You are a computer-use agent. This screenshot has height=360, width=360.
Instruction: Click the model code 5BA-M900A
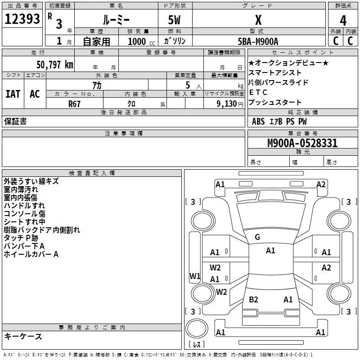click(258, 41)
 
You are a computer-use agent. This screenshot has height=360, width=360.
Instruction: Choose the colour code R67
click(75, 103)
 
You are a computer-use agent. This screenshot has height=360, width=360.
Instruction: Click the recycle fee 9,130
click(224, 103)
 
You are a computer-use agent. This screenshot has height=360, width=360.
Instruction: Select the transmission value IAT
click(13, 94)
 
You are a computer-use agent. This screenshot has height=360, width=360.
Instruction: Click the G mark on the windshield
click(257, 237)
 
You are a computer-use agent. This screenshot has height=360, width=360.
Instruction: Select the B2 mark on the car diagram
click(253, 299)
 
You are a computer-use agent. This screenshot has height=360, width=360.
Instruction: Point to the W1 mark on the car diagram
click(195, 276)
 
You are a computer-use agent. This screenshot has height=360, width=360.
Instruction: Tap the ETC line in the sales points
click(258, 92)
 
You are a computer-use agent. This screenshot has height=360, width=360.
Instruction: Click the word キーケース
click(23, 336)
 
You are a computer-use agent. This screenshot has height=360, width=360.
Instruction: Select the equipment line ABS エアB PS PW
click(279, 121)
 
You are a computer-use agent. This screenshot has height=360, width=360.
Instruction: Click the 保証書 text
click(15, 121)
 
